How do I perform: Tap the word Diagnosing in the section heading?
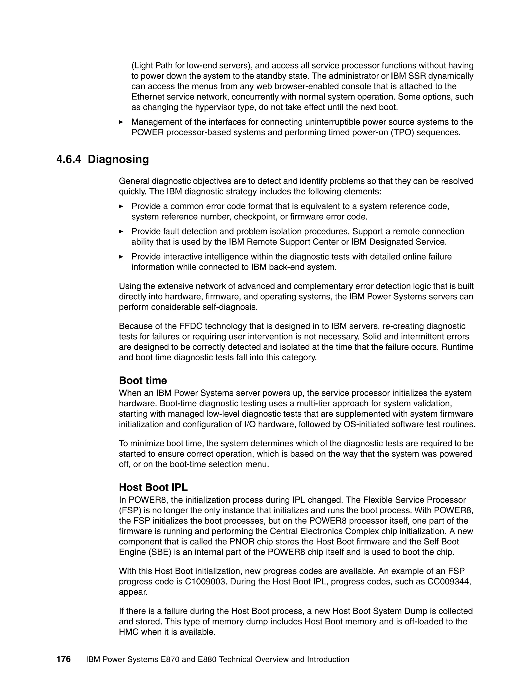coord(118,159)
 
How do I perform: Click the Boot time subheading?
coord(143,380)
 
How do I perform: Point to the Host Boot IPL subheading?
coord(153,487)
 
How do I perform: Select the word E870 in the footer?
coord(170,659)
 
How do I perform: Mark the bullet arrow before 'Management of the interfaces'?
coord(121,122)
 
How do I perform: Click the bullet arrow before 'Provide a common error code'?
coord(121,206)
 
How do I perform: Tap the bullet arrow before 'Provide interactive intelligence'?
coord(121,257)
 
